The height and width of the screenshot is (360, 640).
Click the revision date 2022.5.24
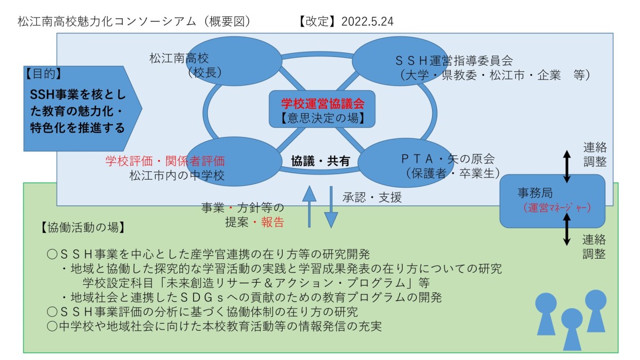pyautogui.click(x=367, y=22)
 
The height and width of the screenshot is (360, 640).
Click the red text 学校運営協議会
pyautogui.click(x=323, y=103)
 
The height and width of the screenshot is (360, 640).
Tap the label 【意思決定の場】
pyautogui.click(x=323, y=118)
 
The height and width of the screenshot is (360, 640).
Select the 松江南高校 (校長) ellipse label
pyautogui.click(x=186, y=66)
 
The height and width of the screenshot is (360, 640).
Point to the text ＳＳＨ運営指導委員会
pyautogui.click(x=454, y=61)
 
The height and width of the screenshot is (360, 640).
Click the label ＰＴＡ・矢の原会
pyautogui.click(x=447, y=159)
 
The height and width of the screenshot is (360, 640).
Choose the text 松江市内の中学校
pyautogui.click(x=177, y=175)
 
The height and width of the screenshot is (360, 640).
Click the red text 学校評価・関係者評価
pyautogui.click(x=165, y=161)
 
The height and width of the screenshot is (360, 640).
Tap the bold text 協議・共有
pyautogui.click(x=321, y=161)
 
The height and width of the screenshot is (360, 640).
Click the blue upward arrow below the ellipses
pyautogui.click(x=309, y=206)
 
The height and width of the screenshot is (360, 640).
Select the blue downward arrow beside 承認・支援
pyautogui.click(x=331, y=207)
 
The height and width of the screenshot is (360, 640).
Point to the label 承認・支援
pyautogui.click(x=372, y=197)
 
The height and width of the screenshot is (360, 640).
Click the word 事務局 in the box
pyautogui.click(x=535, y=193)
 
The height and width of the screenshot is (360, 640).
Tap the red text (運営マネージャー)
pyautogui.click(x=557, y=207)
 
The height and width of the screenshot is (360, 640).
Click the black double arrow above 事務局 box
pyautogui.click(x=567, y=166)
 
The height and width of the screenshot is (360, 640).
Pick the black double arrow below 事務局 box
pyautogui.click(x=566, y=229)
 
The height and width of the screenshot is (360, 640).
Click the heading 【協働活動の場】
pyautogui.click(x=83, y=227)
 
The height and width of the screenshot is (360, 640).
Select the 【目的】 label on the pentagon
pyautogui.click(x=43, y=74)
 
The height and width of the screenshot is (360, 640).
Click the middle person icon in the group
pyautogui.click(x=572, y=329)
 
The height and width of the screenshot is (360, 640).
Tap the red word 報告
pyautogui.click(x=273, y=222)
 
